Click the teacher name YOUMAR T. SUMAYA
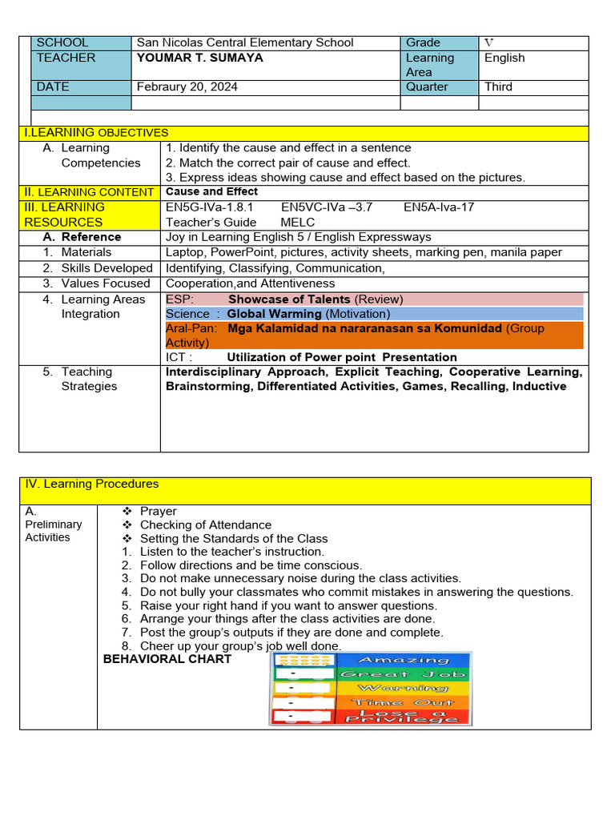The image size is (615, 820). pyautogui.click(x=199, y=58)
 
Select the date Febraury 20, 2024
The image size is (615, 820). pyautogui.click(x=187, y=86)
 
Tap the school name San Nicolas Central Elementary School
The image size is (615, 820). pyautogui.click(x=245, y=42)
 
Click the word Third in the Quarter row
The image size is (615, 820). pyautogui.click(x=498, y=86)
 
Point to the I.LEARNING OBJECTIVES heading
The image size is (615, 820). pyautogui.click(x=97, y=132)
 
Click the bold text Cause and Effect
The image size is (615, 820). pyautogui.click(x=211, y=191)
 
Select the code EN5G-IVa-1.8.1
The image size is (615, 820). pyautogui.click(x=209, y=207)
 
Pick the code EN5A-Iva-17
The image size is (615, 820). pyautogui.click(x=439, y=207)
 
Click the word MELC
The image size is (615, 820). pyautogui.click(x=298, y=222)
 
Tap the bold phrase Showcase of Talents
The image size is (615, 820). pyautogui.click(x=289, y=299)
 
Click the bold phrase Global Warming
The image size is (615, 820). pyautogui.click(x=275, y=314)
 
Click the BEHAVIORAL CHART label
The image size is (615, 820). pyautogui.click(x=167, y=659)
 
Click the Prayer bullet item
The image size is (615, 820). pyautogui.click(x=158, y=511)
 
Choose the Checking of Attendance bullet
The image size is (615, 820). pyautogui.click(x=205, y=525)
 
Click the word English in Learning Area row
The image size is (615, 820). pyautogui.click(x=504, y=58)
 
